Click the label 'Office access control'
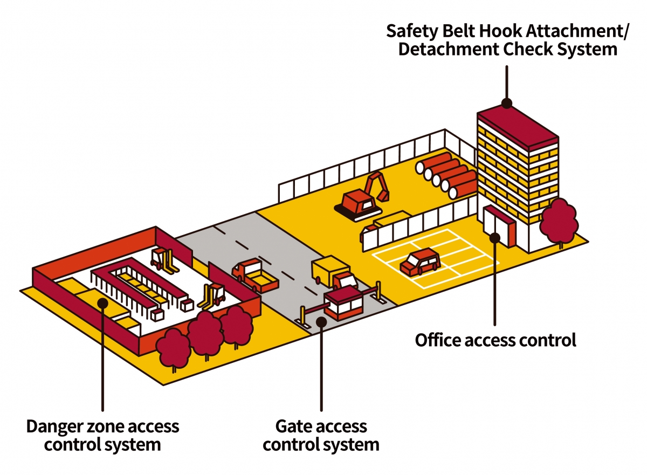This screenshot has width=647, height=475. (x=495, y=341)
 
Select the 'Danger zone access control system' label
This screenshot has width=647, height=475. (x=102, y=436)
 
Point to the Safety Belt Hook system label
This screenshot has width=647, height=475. (x=507, y=40)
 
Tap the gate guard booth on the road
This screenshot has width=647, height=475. (x=343, y=305)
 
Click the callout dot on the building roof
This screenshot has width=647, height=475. (x=506, y=102)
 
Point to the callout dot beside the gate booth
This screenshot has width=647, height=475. (x=321, y=322)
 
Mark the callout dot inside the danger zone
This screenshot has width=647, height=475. (x=102, y=302)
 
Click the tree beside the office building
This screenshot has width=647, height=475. (x=559, y=221)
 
